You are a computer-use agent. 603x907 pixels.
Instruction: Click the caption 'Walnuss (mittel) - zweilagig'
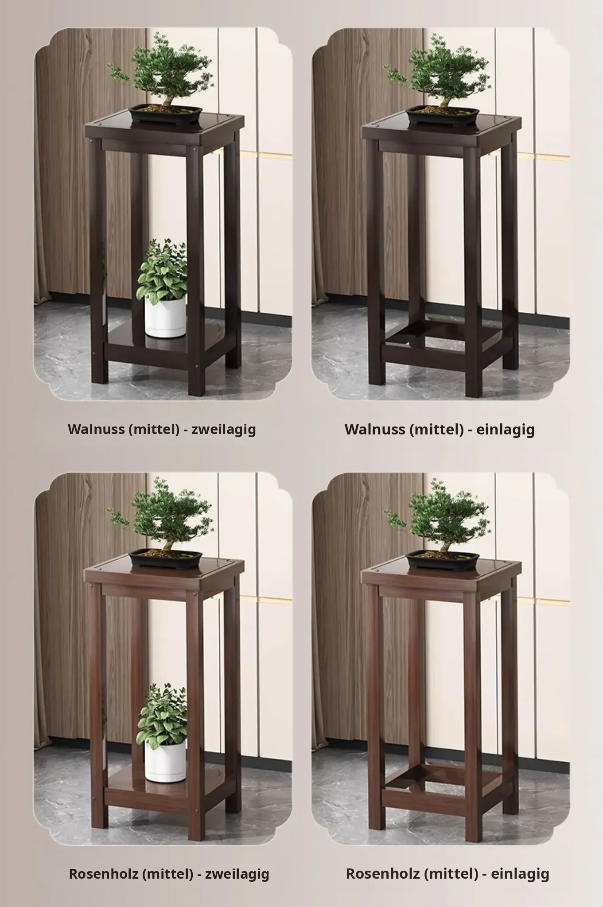coord(162,429)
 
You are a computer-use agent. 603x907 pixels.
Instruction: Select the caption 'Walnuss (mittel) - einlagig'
coord(440,429)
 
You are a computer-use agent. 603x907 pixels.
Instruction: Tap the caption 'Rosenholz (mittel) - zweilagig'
coord(169,874)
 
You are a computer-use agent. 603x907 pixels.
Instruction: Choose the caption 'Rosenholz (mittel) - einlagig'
coord(447,874)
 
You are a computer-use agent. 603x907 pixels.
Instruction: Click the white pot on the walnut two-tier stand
coord(165,316)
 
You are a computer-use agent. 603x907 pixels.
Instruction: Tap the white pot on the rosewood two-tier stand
coord(165,761)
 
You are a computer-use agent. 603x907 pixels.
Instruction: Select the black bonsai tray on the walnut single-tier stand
coord(443,114)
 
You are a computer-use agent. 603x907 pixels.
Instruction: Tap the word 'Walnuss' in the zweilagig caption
coord(97,429)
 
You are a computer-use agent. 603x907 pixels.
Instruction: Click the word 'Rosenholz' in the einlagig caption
coord(383,874)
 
